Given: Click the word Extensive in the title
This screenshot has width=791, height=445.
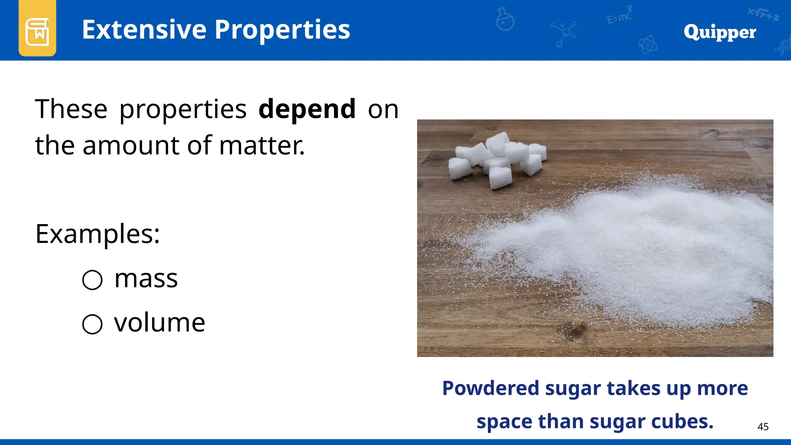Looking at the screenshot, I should coord(144,30).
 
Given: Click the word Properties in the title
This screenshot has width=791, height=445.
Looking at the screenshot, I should coord(282,31).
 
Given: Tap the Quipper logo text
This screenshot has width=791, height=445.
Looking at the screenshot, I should coord(720,32).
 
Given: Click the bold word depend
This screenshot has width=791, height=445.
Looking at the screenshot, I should coord(307,109).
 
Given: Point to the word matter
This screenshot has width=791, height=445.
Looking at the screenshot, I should coord(262,146).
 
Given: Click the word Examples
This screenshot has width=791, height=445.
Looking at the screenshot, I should coord(97,234).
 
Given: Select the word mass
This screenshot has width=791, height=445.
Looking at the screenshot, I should coord(146,279).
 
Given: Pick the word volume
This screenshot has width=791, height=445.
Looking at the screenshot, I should coord(160,323).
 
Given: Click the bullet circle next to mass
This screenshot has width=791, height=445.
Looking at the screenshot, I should coord(92,280).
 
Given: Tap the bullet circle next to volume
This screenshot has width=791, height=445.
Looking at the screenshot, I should coord(92,324).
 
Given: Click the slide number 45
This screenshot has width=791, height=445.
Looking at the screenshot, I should coord(763,427).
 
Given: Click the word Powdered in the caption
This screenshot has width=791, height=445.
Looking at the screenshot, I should coord(491,388).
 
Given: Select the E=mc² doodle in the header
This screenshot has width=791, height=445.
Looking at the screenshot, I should coord(620,16).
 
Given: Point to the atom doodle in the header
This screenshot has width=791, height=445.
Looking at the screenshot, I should coord(648,45).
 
